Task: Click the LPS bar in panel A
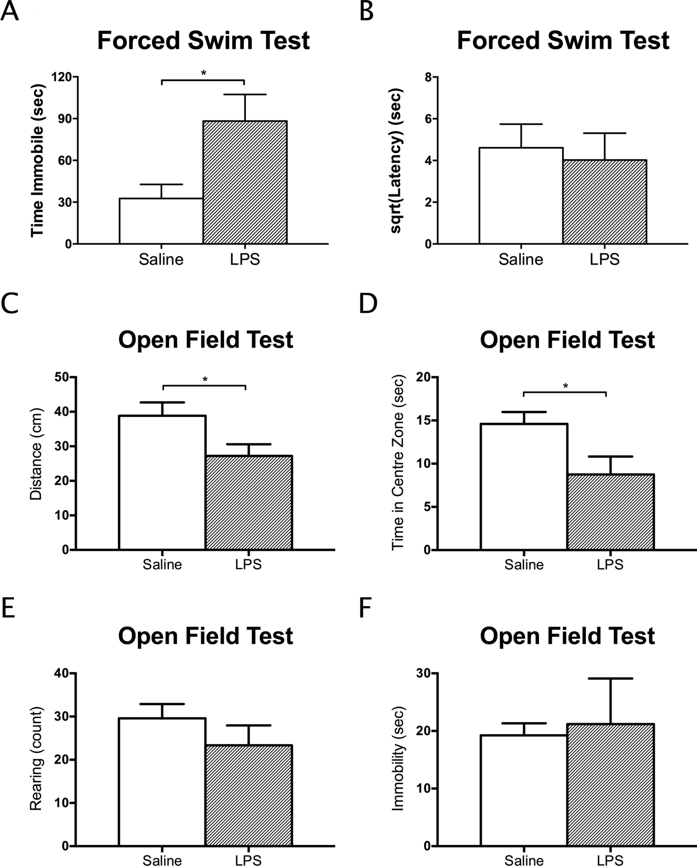[245, 182]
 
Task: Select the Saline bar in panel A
[161, 220]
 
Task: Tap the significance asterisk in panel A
[203, 73]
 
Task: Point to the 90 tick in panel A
[65, 119]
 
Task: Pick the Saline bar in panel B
[521, 195]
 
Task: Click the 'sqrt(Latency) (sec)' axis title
[397, 160]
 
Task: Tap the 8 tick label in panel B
[428, 77]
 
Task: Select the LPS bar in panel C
[249, 502]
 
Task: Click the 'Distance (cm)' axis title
[36, 454]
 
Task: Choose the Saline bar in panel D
[524, 486]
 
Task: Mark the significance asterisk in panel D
[565, 386]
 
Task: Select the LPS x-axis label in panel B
[604, 259]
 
